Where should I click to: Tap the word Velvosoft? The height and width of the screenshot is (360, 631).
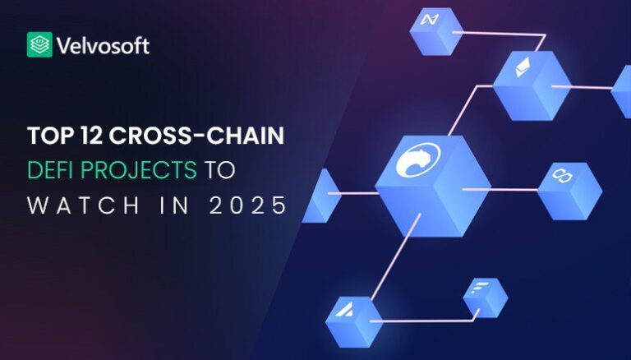tap(103, 44)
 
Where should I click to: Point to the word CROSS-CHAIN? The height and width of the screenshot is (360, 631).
tap(196, 136)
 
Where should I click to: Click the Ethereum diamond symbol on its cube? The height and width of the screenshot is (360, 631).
tap(521, 69)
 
